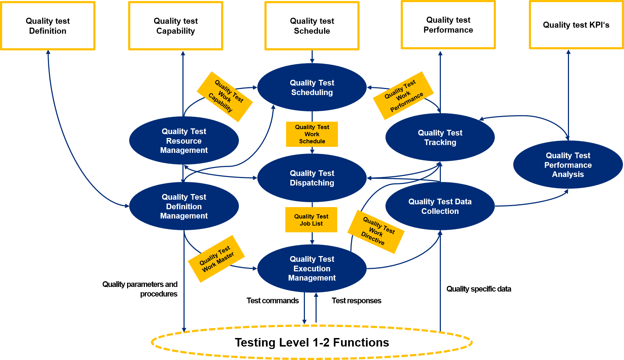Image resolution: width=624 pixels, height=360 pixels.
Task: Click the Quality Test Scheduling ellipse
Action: [x=312, y=88]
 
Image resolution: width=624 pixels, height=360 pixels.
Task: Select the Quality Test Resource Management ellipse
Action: [x=184, y=141]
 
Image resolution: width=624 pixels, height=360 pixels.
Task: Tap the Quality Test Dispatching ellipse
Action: [x=312, y=178]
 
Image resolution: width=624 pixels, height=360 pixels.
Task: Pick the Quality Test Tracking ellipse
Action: [x=440, y=138]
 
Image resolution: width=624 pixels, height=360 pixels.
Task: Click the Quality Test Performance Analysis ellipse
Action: [x=568, y=165]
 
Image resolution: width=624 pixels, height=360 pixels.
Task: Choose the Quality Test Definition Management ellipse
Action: [x=184, y=206]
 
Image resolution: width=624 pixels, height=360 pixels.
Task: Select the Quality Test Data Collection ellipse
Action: [x=440, y=206]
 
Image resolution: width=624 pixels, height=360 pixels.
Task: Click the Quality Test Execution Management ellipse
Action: [x=312, y=268]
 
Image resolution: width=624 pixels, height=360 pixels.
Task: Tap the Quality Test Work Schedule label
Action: [x=312, y=134]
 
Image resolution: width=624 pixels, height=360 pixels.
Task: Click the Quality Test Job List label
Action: [x=311, y=220]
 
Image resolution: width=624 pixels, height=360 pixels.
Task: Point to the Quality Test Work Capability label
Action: [x=225, y=97]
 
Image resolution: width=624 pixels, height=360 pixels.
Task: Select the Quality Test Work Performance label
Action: [x=404, y=96]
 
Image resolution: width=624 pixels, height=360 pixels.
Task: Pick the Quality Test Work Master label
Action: [x=216, y=259]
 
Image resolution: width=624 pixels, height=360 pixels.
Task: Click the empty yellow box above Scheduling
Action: [x=312, y=26]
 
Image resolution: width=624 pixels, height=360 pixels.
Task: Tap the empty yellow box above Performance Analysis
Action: [x=576, y=25]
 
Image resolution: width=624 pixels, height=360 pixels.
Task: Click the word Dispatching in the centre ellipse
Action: [x=312, y=183]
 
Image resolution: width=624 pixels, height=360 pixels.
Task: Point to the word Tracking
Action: [x=440, y=143]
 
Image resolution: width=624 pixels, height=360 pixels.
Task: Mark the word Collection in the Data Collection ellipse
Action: [x=440, y=211]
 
